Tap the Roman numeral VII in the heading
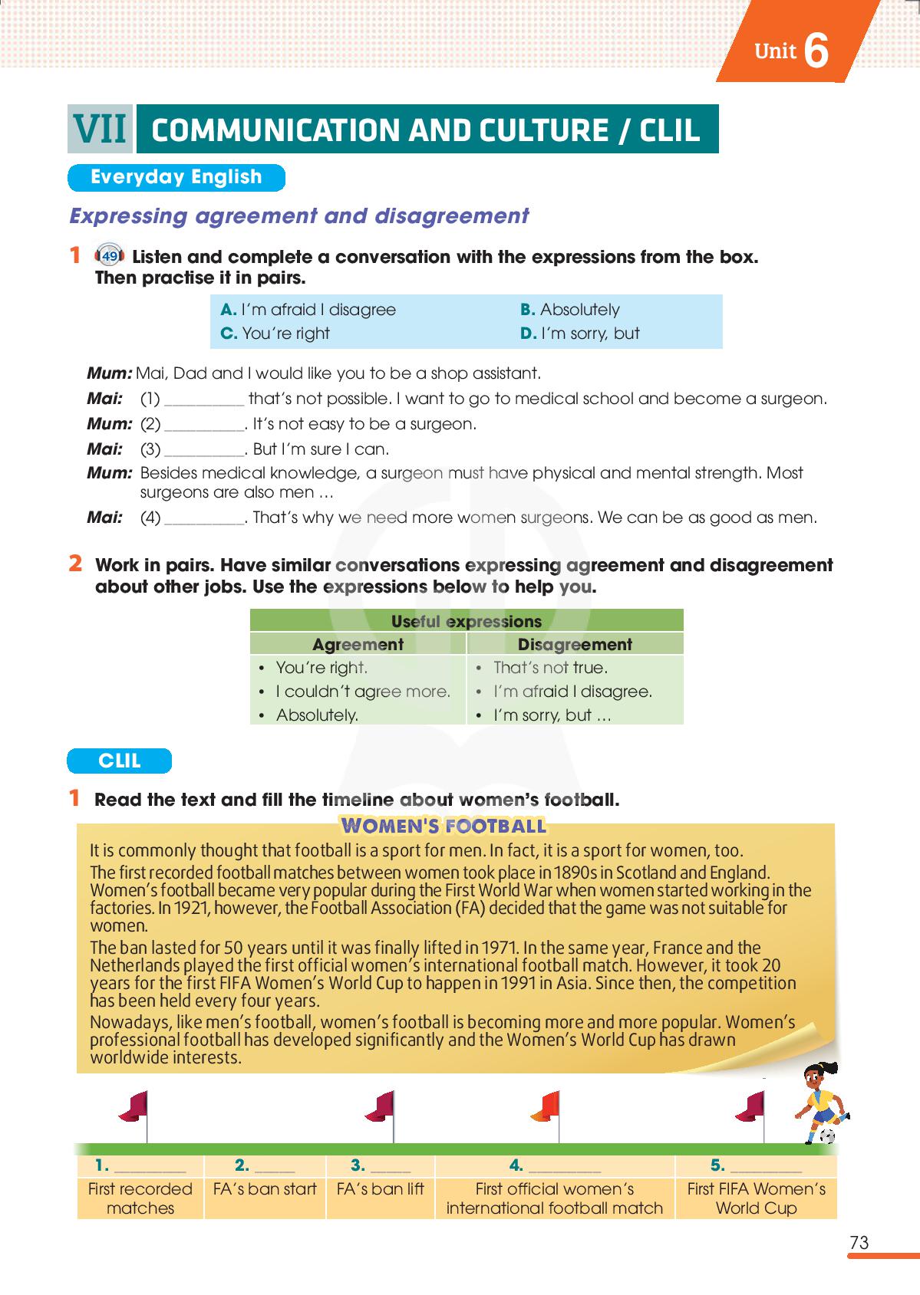pyautogui.click(x=100, y=129)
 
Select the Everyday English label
pyautogui.click(x=176, y=177)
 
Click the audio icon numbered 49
pyautogui.click(x=110, y=256)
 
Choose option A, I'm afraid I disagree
pyautogui.click(x=308, y=310)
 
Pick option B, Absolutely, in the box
pyautogui.click(x=570, y=310)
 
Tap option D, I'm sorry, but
pyautogui.click(x=580, y=334)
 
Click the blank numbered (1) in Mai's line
pyautogui.click(x=204, y=399)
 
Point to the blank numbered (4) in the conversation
pyautogui.click(x=204, y=518)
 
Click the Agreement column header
pyautogui.click(x=358, y=644)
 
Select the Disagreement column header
pyautogui.click(x=575, y=644)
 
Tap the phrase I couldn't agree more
pyautogui.click(x=363, y=692)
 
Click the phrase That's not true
pyautogui.click(x=550, y=668)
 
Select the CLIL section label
pyautogui.click(x=120, y=761)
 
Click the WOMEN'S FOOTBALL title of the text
pyautogui.click(x=444, y=826)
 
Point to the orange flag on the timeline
pyautogui.click(x=546, y=1106)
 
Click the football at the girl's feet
pyautogui.click(x=827, y=1136)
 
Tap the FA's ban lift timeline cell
pyautogui.click(x=381, y=1189)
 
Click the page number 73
pyautogui.click(x=859, y=1243)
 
